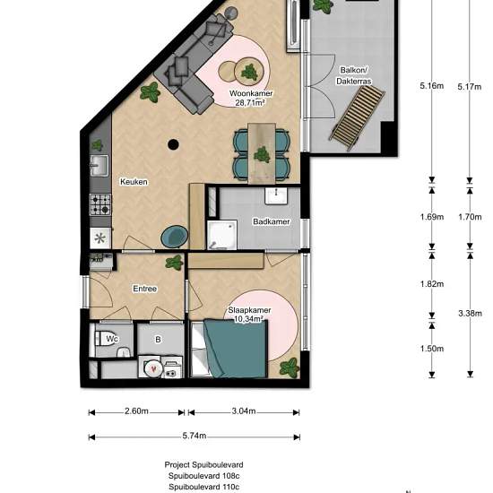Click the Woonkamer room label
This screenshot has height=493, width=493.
pos(251,93)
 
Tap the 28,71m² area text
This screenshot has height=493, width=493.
pos(250,102)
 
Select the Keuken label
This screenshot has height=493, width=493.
pos(134,182)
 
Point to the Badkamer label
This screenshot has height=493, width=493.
pos(272,221)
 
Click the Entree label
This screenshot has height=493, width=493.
pos(144,289)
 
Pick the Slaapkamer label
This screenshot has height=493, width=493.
pos(249,310)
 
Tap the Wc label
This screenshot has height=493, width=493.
pos(112,339)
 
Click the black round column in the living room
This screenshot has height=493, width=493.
pos(173,144)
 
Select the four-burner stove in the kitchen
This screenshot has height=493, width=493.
pos(100,204)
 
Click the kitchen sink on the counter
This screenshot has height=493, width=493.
pos(99,166)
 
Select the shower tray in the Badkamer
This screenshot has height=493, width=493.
pos(222,235)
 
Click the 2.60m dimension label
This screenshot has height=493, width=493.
pos(136,411)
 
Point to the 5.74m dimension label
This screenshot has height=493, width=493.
pos(195,436)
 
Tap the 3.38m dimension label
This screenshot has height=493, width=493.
pos(470,313)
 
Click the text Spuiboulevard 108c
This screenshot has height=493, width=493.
pos(203,476)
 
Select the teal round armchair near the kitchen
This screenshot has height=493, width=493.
pos(175,237)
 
